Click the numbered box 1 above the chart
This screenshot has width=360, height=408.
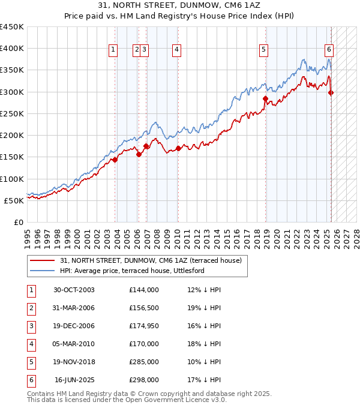click(x=113, y=50)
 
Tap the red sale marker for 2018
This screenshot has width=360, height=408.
click(x=265, y=98)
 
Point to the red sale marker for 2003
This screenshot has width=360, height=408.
click(x=114, y=160)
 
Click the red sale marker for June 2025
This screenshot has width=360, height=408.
click(x=331, y=92)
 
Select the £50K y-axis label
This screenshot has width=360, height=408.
click(x=14, y=200)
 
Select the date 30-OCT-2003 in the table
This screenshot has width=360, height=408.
click(x=74, y=290)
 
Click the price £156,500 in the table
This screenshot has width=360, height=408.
click(x=144, y=308)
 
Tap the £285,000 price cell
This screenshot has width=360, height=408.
click(x=144, y=362)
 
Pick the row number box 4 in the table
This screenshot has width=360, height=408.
click(x=31, y=344)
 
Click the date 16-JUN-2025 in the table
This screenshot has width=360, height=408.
click(x=75, y=380)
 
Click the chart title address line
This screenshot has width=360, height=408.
click(x=180, y=6)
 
